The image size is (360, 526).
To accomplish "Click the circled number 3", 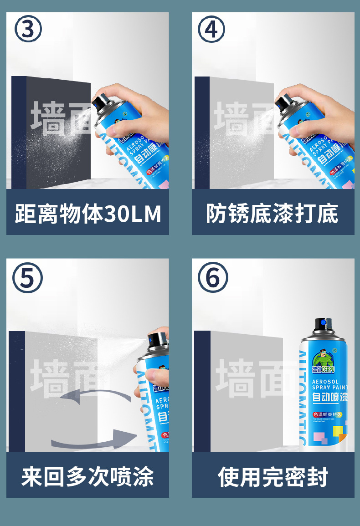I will click(x=28, y=29).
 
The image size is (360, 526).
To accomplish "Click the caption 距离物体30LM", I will click(x=88, y=214).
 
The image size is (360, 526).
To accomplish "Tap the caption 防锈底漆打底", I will click(x=273, y=214).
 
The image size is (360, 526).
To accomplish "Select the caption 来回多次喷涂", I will click(x=87, y=476).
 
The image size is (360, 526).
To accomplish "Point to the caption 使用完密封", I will click(x=273, y=476).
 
